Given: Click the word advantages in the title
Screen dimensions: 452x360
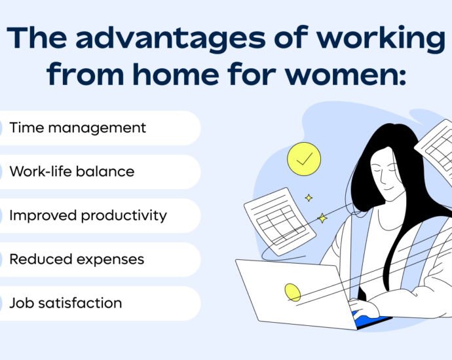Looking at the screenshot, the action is click(x=170, y=39).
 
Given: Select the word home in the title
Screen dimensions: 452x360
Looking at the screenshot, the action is click(x=176, y=73).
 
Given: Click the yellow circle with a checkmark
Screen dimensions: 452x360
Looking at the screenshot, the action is click(x=304, y=159).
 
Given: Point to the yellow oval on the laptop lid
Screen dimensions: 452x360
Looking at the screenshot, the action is click(x=293, y=293).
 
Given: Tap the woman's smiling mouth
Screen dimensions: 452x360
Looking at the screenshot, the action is click(x=388, y=189).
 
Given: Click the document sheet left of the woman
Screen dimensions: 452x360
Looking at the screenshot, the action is click(x=280, y=221).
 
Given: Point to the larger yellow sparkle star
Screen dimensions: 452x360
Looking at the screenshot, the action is click(x=322, y=218).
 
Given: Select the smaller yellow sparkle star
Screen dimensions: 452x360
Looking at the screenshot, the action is click(x=309, y=198).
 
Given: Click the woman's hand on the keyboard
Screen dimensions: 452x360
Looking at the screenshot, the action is click(x=363, y=309).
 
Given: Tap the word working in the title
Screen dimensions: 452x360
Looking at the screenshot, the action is click(x=381, y=39).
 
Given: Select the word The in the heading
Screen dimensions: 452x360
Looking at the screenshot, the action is click(x=37, y=37).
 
